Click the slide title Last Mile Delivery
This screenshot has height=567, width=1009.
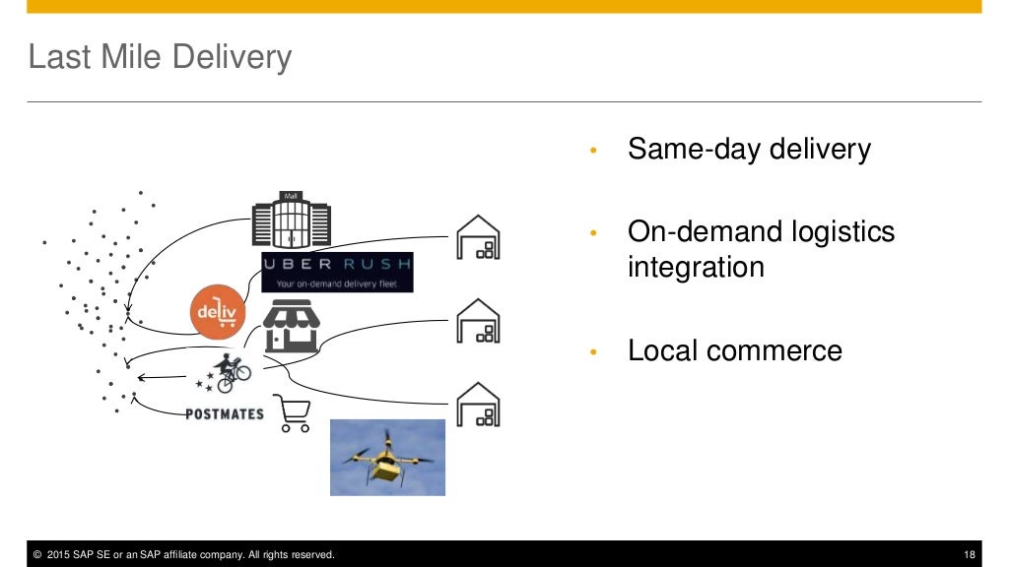(x=160, y=57)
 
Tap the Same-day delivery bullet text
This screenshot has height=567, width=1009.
(x=749, y=150)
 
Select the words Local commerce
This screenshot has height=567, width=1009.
(x=734, y=350)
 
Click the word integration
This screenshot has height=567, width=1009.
(x=696, y=267)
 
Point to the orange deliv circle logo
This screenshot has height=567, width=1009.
(x=215, y=313)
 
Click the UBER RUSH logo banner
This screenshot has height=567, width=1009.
(x=337, y=272)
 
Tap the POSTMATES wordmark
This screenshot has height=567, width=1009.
(x=225, y=413)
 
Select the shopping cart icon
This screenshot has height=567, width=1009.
(x=293, y=413)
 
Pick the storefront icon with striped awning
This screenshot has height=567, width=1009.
(x=292, y=327)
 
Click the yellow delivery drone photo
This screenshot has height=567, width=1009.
(x=387, y=457)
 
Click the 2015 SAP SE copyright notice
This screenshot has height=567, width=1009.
(x=183, y=555)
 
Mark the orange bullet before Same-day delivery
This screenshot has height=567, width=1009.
(x=592, y=152)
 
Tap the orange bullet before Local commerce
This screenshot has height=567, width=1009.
(x=592, y=352)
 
